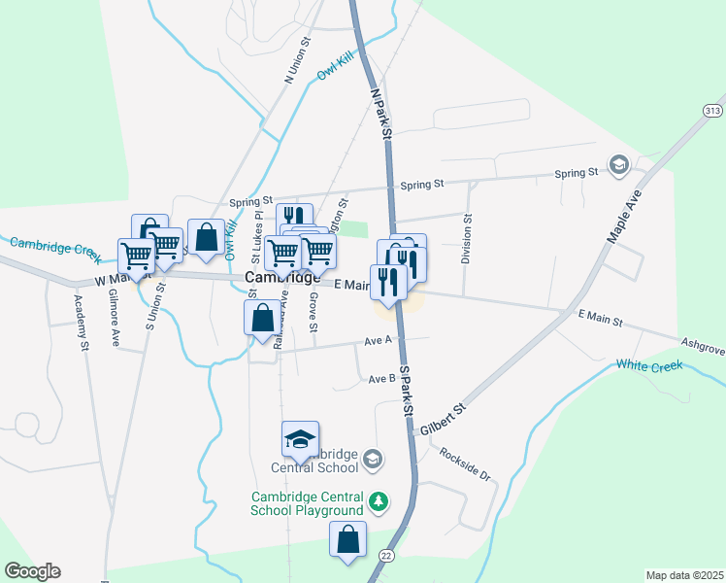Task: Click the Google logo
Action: pyautogui.click(x=32, y=571)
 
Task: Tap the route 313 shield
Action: pyautogui.click(x=713, y=112)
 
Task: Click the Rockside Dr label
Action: pyautogui.click(x=466, y=463)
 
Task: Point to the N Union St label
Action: pyautogui.click(x=295, y=60)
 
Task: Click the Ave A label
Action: pyautogui.click(x=378, y=340)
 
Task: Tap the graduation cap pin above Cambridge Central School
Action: pyautogui.click(x=301, y=440)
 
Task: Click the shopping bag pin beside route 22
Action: pyautogui.click(x=348, y=540)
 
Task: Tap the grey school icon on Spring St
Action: pyautogui.click(x=617, y=163)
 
